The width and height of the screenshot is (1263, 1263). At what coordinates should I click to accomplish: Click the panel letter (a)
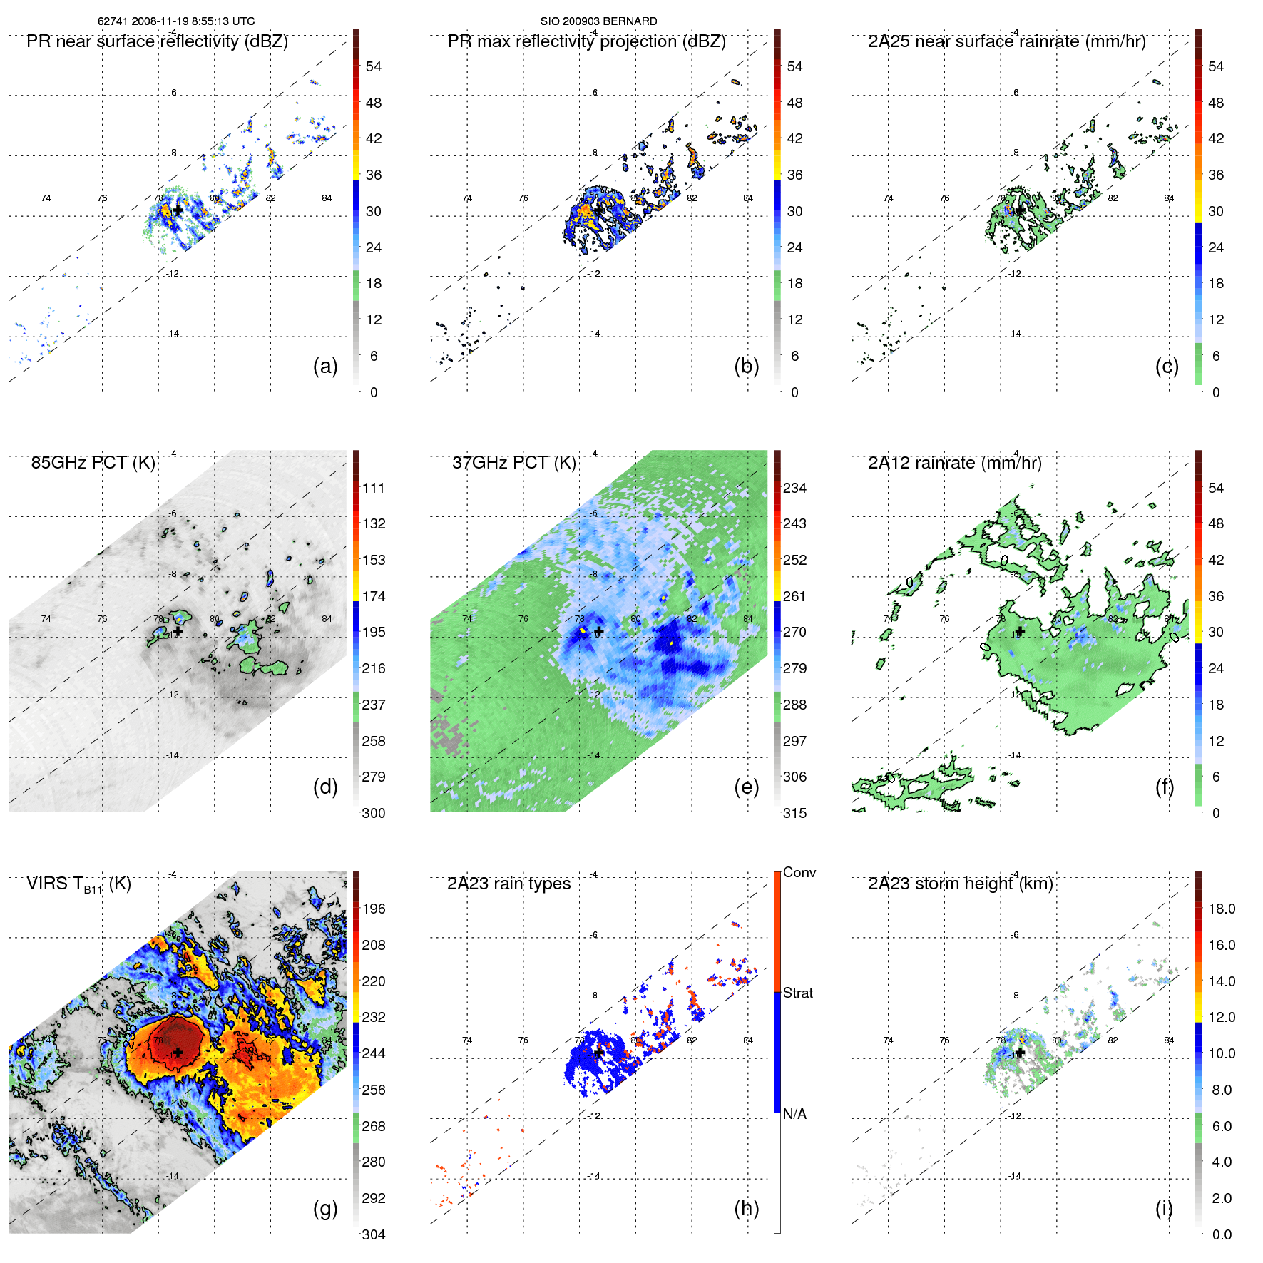[x=325, y=367]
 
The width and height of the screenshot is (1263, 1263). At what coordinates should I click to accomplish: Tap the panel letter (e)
[x=747, y=787]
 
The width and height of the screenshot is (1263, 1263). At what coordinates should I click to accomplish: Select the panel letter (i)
[x=1164, y=1208]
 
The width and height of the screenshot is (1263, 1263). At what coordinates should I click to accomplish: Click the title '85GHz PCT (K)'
[x=93, y=463]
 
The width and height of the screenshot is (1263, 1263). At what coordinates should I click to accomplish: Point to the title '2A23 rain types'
[x=508, y=884]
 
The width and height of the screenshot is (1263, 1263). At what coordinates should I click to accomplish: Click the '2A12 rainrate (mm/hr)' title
[x=954, y=463]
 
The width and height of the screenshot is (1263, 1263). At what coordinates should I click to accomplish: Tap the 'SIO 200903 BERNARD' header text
[x=598, y=21]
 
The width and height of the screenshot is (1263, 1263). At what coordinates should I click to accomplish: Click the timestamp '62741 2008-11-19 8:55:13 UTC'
[x=176, y=21]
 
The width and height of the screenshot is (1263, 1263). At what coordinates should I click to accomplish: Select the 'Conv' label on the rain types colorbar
[x=799, y=872]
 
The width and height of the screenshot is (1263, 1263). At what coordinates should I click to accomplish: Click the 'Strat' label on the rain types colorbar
[x=797, y=993]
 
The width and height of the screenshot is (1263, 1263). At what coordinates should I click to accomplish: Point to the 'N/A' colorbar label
[x=794, y=1114]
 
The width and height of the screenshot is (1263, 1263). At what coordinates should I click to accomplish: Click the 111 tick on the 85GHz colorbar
[x=373, y=488]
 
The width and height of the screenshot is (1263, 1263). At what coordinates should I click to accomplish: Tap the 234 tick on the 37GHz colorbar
[x=794, y=488]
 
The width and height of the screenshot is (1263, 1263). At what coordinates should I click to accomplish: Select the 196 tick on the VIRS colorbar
[x=373, y=909]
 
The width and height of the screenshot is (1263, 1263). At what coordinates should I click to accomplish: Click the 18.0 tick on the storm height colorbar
[x=1221, y=909]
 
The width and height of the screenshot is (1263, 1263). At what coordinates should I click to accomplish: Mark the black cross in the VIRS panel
[x=178, y=1053]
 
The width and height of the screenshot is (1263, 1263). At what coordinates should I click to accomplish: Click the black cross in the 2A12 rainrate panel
[x=1020, y=632]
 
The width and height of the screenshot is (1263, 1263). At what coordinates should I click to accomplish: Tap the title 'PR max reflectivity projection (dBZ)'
[x=586, y=41]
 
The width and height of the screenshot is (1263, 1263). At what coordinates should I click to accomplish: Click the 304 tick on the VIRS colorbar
[x=373, y=1234]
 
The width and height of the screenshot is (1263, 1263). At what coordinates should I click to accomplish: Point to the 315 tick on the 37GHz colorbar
[x=794, y=813]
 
